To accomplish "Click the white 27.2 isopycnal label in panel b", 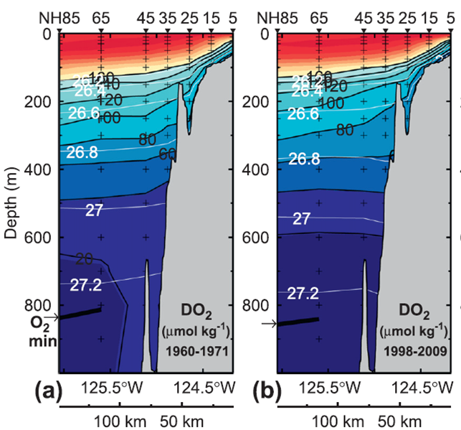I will pyautogui.click(x=303, y=294).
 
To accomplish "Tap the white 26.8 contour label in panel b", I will pyautogui.click(x=304, y=159).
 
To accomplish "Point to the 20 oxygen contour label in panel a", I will pyautogui.click(x=85, y=259).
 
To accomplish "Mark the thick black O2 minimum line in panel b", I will pyautogui.click(x=297, y=321).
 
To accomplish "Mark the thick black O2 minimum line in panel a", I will pyautogui.click(x=80, y=314).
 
